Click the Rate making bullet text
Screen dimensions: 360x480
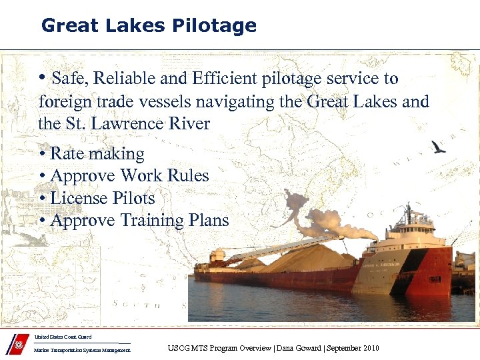pyautogui.click(x=97, y=154)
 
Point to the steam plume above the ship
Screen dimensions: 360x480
pyautogui.click(x=327, y=223)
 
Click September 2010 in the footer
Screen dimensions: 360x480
pyautogui.click(x=353, y=348)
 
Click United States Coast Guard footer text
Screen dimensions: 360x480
pyautogui.click(x=63, y=337)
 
